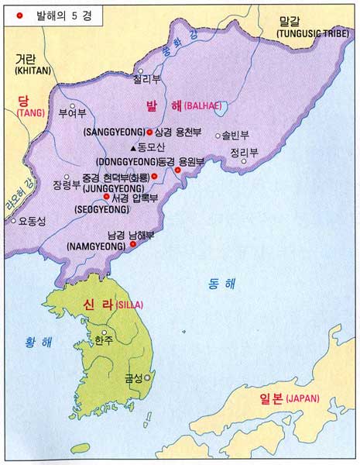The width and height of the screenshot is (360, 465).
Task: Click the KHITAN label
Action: (x=32, y=71)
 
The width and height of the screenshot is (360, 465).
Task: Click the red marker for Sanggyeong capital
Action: (x=149, y=133)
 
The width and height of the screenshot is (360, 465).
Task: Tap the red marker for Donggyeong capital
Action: (x=178, y=170)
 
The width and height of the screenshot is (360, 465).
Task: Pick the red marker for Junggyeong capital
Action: (x=154, y=177)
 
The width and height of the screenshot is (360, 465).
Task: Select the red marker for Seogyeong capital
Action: (x=106, y=197)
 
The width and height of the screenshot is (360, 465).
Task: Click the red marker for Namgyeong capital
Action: (x=132, y=244)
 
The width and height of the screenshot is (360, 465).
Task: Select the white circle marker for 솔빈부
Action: (x=218, y=135)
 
